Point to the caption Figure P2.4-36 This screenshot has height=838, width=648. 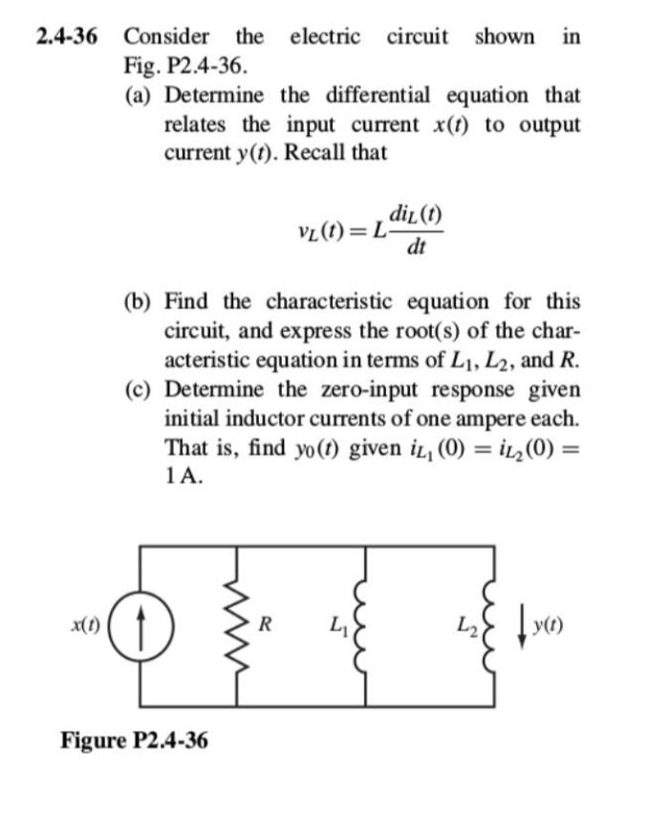(135, 740)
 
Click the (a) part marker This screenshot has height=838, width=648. (142, 96)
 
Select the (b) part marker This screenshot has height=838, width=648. (142, 301)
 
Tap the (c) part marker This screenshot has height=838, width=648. (142, 392)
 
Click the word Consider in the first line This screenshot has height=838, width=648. (167, 37)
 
